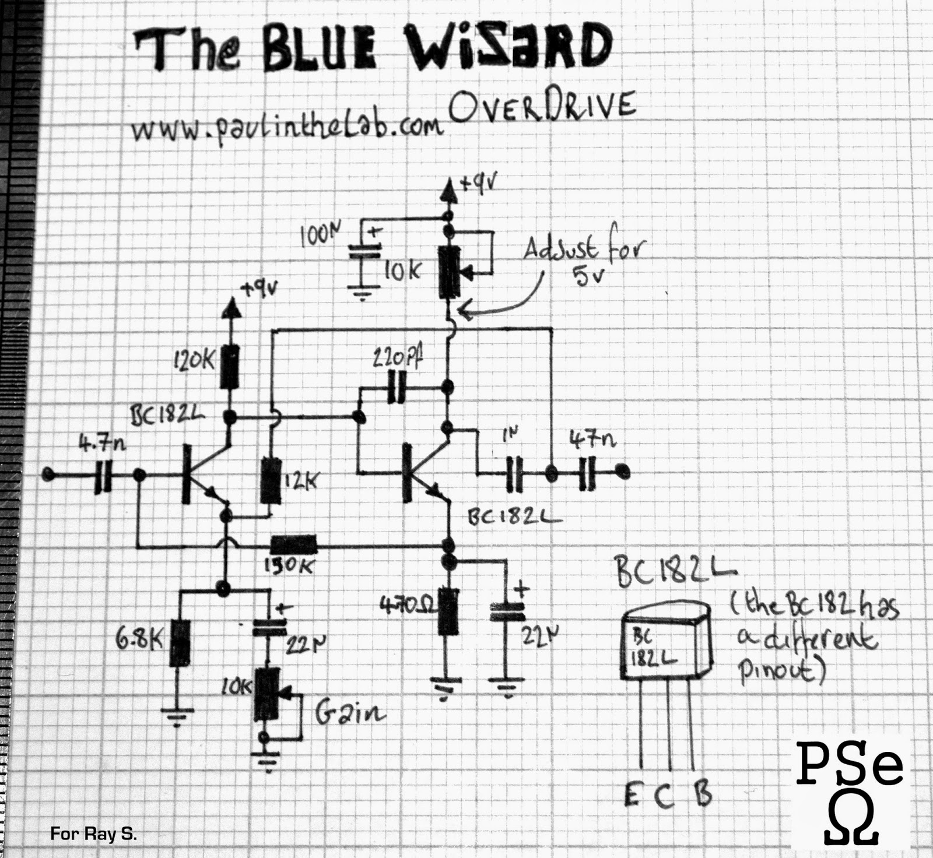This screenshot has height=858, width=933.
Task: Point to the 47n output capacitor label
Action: pyautogui.click(x=593, y=438)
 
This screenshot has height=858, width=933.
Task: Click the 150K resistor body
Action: pyautogui.click(x=293, y=545)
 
